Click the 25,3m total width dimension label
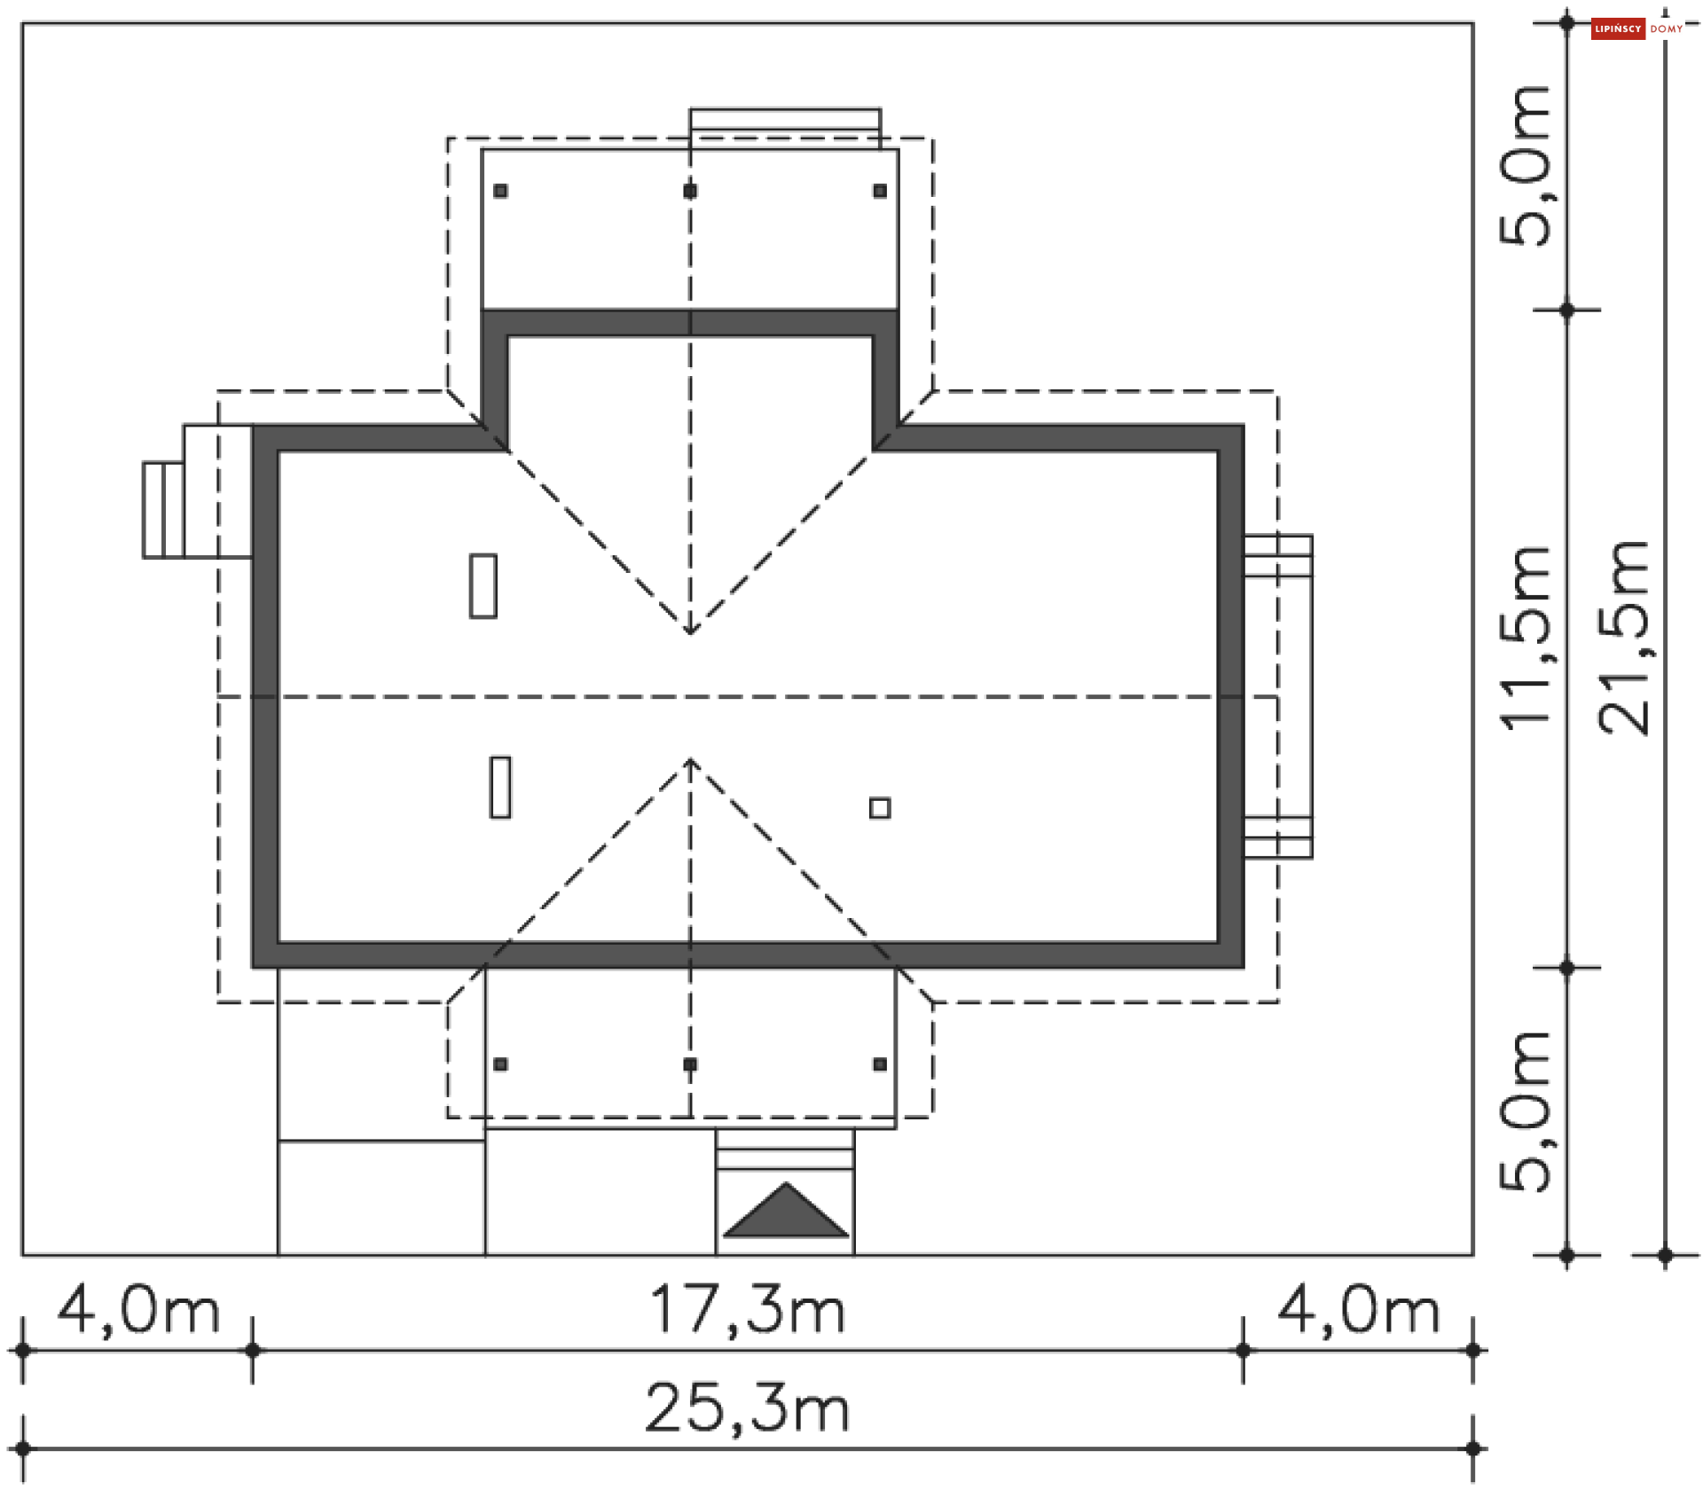coord(747,1409)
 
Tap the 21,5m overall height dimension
coord(1623,637)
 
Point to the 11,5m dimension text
coord(1526,637)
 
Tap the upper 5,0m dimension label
coord(1526,166)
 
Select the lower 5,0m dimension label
coord(1526,1111)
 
